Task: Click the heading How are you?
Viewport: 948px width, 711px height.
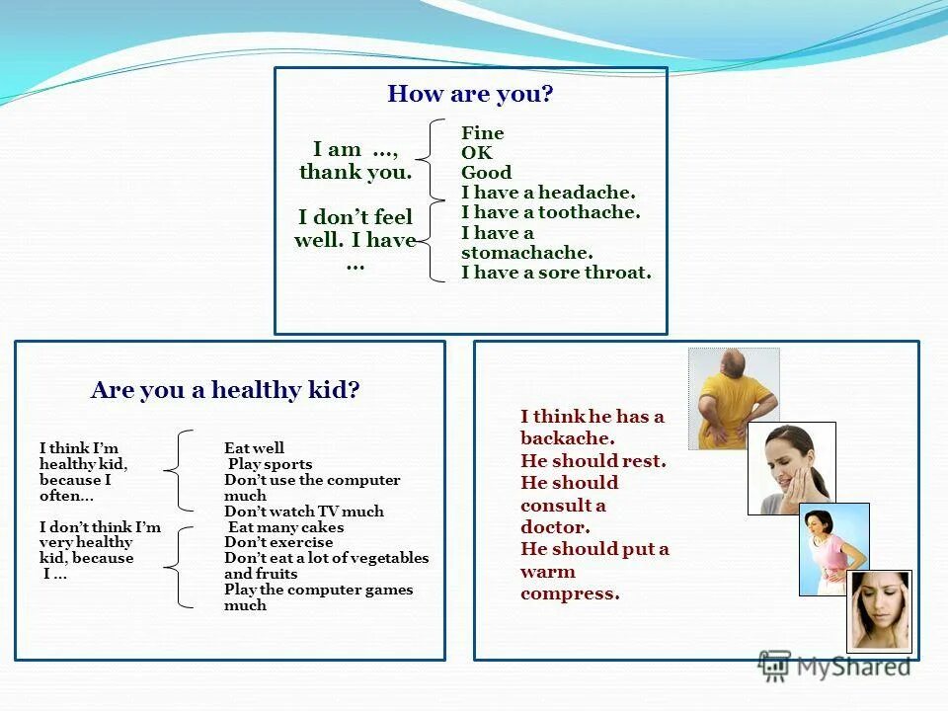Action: (x=470, y=95)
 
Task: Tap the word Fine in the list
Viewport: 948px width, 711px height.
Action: (x=482, y=133)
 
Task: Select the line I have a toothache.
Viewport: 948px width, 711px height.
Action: (x=550, y=212)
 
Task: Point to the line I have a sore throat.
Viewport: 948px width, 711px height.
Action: (x=556, y=274)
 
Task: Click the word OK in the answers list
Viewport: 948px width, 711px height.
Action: (x=476, y=153)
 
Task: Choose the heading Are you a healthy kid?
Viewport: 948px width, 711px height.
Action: (x=225, y=390)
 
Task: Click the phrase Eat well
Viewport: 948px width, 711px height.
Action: (x=254, y=448)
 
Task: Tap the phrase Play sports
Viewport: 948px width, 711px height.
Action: (x=270, y=464)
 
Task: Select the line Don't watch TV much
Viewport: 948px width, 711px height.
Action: (x=304, y=512)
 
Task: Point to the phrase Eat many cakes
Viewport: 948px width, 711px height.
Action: (x=285, y=527)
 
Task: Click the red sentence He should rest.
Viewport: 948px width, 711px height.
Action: (x=592, y=461)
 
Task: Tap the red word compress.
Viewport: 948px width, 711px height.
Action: (x=570, y=593)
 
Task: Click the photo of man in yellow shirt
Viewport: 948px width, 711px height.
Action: (x=733, y=398)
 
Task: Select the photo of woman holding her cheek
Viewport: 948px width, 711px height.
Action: (x=791, y=468)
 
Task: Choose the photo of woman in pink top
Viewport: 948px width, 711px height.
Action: (x=833, y=549)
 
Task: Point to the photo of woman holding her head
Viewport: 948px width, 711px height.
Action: (x=878, y=610)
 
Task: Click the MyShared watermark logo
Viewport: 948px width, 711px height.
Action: (x=835, y=668)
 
